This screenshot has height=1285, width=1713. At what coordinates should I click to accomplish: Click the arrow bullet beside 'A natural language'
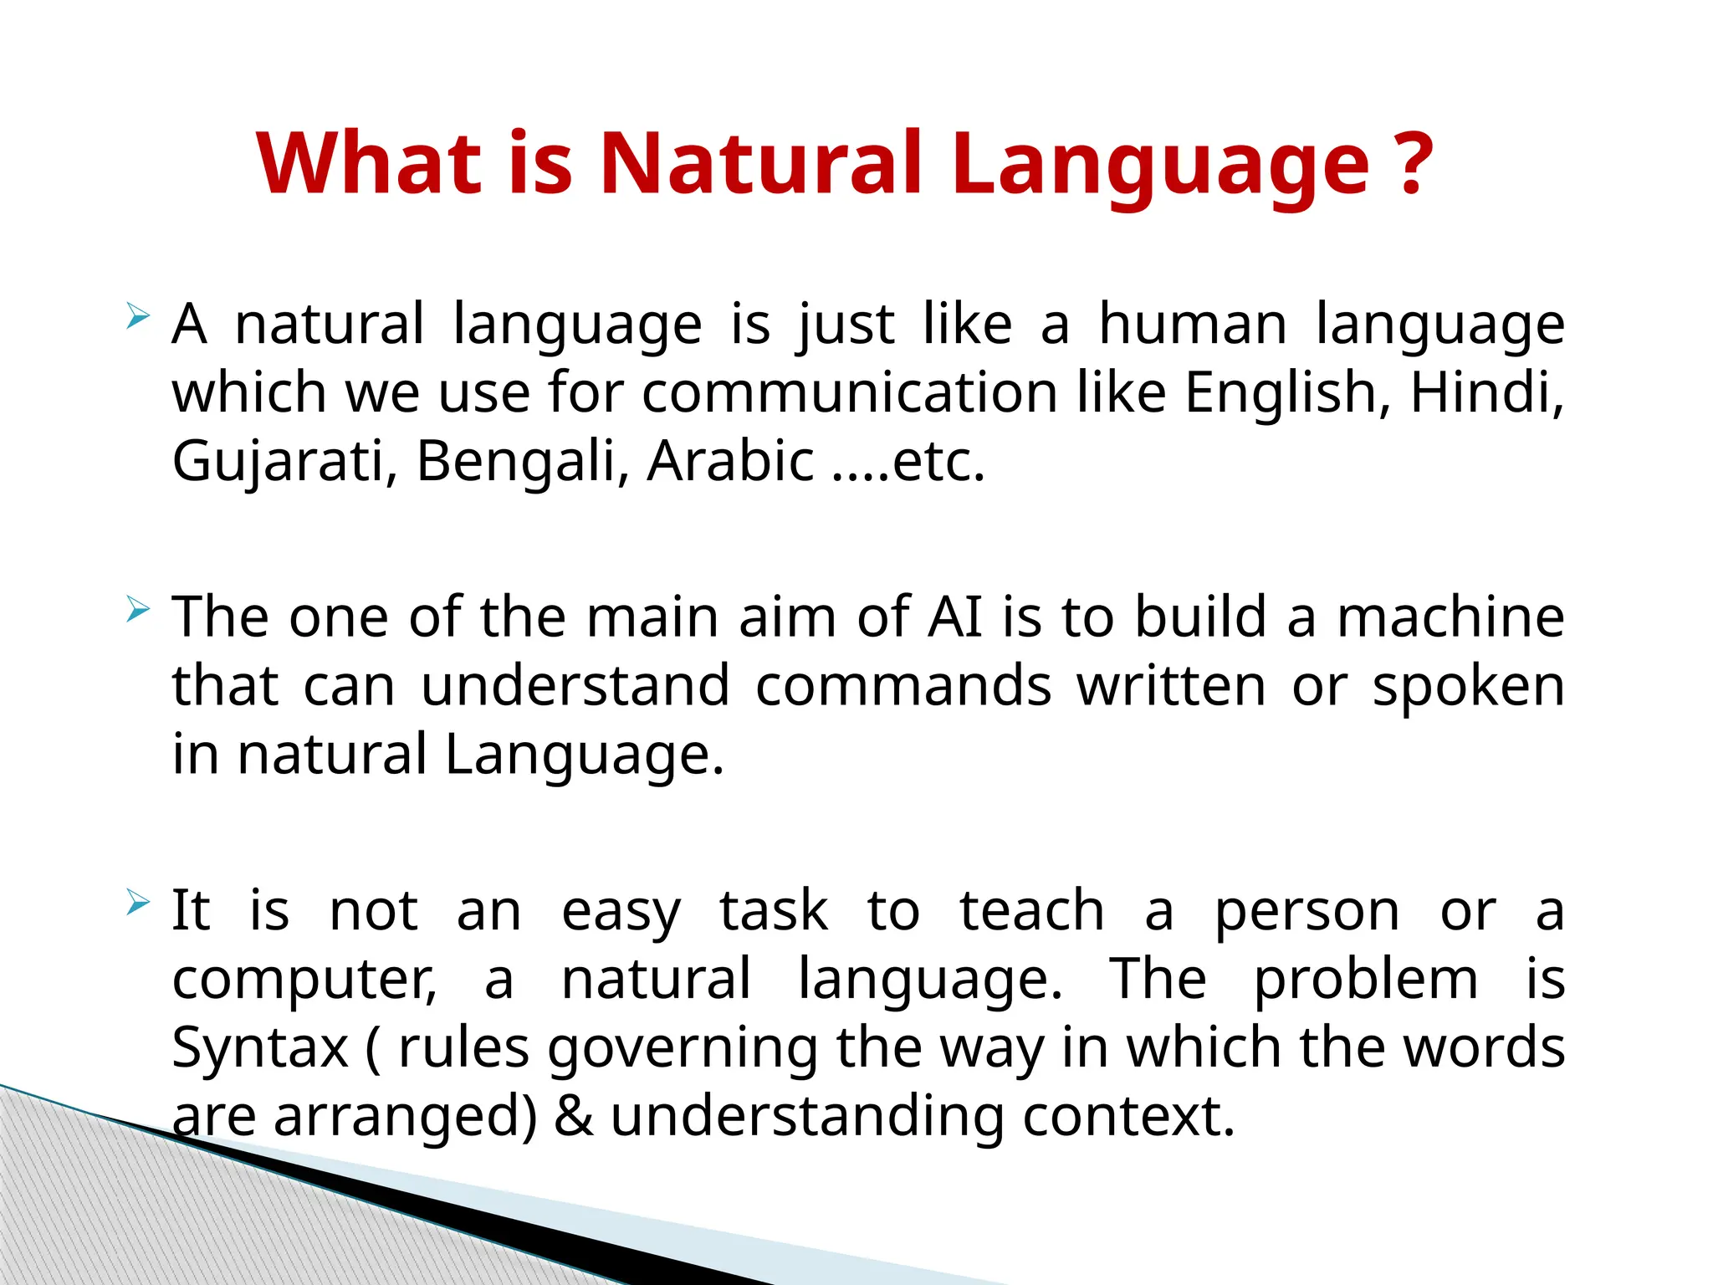coord(138,317)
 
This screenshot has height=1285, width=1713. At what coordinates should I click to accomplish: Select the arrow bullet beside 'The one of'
coord(138,610)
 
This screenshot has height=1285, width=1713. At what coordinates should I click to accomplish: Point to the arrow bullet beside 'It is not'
coord(138,904)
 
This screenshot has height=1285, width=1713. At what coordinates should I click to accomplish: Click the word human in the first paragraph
coord(1193,325)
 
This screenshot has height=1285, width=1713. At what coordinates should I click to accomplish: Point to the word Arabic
coord(730,462)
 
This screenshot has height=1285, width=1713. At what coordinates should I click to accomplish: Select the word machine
coord(1450,617)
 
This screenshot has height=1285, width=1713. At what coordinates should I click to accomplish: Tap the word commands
coord(903,686)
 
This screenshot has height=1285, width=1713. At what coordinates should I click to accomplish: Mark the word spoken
coord(1468,686)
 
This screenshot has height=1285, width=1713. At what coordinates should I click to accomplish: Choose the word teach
coord(1032,911)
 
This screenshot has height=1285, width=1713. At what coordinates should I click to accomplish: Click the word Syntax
coord(260,1047)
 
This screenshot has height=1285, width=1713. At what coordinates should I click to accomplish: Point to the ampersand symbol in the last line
coord(574,1116)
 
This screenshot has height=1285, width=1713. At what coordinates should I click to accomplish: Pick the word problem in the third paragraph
coord(1365,980)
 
